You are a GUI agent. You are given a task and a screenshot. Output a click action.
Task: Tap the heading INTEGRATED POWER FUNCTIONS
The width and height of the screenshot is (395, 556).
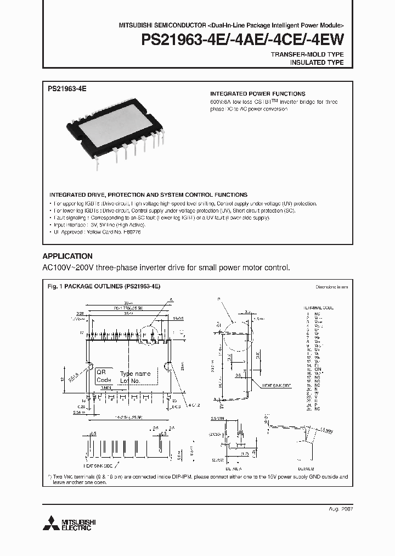click(258, 94)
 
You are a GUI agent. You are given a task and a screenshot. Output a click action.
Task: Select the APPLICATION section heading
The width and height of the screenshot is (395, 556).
click(67, 256)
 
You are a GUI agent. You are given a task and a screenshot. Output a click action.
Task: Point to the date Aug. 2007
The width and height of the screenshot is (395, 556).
click(340, 509)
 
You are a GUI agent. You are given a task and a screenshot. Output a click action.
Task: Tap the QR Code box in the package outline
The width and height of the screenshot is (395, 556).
click(103, 376)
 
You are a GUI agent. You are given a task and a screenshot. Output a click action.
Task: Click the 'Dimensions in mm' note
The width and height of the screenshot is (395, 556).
click(331, 287)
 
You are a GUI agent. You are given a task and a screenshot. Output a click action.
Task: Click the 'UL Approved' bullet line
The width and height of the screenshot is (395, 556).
click(95, 232)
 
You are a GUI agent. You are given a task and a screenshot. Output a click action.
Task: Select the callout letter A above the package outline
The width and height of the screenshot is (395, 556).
click(171, 299)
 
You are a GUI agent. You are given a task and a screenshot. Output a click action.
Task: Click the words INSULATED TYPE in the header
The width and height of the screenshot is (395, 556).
click(317, 63)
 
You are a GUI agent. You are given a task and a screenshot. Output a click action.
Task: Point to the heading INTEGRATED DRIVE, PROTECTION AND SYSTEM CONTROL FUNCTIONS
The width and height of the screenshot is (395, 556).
click(148, 194)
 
